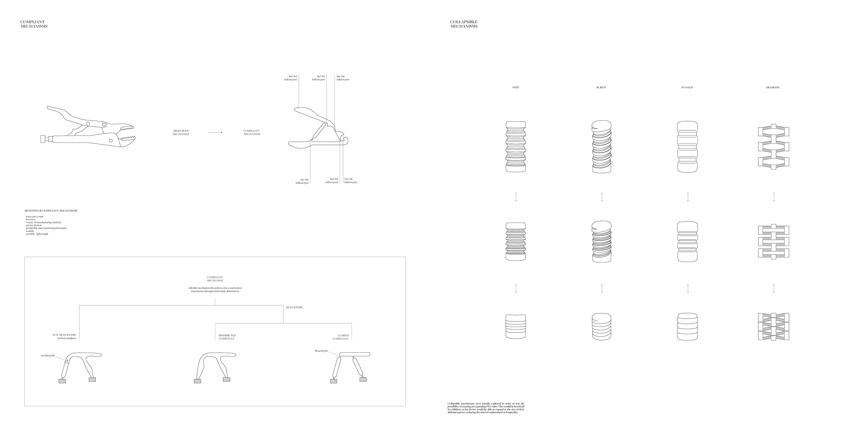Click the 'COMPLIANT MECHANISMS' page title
tap(34, 24)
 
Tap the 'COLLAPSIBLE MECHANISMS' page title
tap(464, 24)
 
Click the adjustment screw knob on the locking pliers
tap(43, 139)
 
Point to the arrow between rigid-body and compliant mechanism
tap(215, 133)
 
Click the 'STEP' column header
tap(516, 88)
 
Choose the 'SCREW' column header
tap(601, 88)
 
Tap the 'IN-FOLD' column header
tap(687, 88)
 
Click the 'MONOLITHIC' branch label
tap(295, 307)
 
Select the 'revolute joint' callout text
tap(48, 356)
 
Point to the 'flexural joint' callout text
tap(321, 351)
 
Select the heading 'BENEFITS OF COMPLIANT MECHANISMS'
tap(51, 211)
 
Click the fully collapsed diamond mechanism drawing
tap(774, 327)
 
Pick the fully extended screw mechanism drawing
tap(602, 146)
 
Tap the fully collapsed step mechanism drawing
tap(516, 327)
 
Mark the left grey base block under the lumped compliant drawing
tap(333, 381)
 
